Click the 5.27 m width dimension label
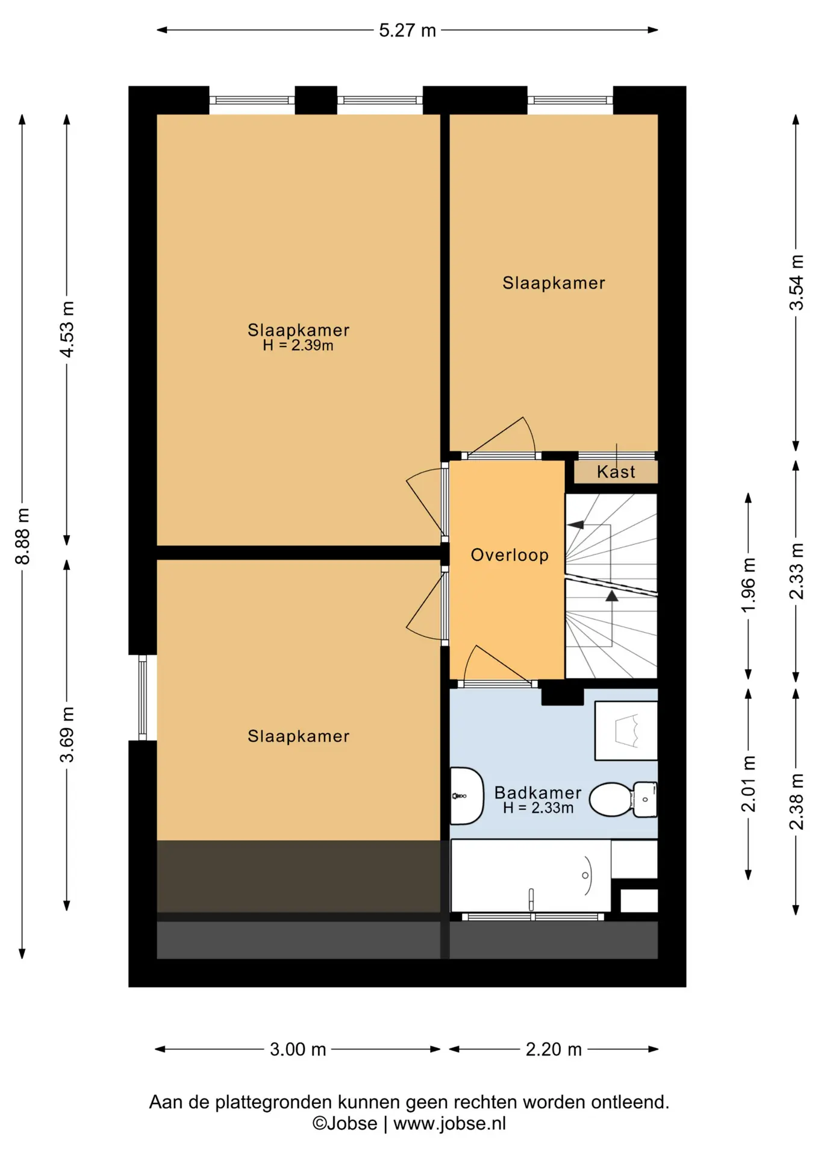click(x=407, y=30)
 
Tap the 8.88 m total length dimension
click(x=22, y=536)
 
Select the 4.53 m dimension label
click(x=67, y=329)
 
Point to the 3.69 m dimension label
click(x=67, y=734)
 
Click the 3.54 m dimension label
click(x=796, y=282)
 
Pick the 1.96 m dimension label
click(x=748, y=585)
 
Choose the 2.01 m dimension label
click(x=748, y=783)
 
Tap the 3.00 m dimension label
click(x=298, y=1049)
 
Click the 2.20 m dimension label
click(x=554, y=1049)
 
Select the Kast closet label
click(x=616, y=471)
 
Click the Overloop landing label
click(x=510, y=555)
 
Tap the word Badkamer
click(x=538, y=792)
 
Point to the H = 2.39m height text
click(x=298, y=345)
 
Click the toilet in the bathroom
click(x=623, y=800)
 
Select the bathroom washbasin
click(x=467, y=795)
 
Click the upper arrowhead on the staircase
click(x=576, y=524)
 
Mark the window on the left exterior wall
click(x=143, y=697)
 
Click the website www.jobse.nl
click(x=449, y=1123)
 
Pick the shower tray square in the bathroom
click(x=626, y=730)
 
